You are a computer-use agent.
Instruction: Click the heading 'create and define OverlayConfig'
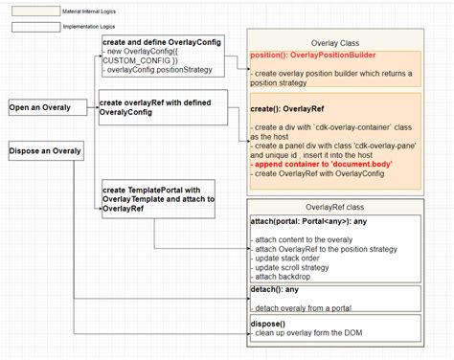point(162,44)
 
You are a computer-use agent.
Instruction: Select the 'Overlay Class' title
point(335,43)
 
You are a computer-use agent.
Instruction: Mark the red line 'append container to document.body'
point(322,165)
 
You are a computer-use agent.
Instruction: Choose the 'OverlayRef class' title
point(335,208)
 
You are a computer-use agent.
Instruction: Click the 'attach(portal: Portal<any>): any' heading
point(308,222)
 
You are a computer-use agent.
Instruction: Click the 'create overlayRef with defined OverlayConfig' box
point(162,106)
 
